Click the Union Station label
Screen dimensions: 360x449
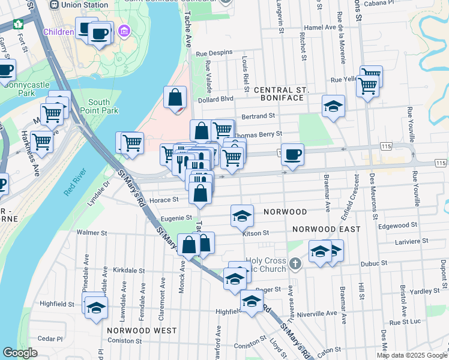click(x=80, y=4)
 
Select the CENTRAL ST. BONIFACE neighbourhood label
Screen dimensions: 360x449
click(x=281, y=94)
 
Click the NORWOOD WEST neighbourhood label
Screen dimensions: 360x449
click(x=142, y=331)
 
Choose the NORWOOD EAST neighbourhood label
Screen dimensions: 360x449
click(x=327, y=229)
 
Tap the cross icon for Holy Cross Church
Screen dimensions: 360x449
click(x=294, y=263)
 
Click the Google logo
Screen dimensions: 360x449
click(x=20, y=353)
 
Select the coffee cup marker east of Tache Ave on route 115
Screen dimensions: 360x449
click(x=292, y=155)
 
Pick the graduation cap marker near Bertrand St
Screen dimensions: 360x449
click(x=333, y=106)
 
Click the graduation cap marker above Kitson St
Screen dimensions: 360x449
click(x=242, y=215)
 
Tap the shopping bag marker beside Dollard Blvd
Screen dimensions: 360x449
click(x=175, y=97)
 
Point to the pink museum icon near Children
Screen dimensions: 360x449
click(x=124, y=31)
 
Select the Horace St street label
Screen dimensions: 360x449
click(x=167, y=199)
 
